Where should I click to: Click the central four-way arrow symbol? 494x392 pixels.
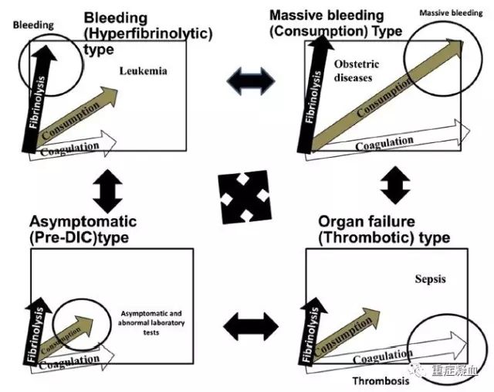(x=245, y=195)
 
